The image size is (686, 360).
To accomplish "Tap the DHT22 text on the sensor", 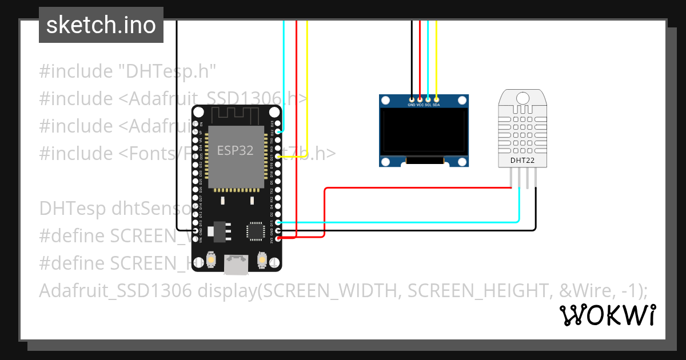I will click(x=523, y=161).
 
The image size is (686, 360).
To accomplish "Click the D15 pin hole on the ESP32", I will click(x=278, y=223).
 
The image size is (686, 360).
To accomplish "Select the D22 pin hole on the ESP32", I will click(x=278, y=131).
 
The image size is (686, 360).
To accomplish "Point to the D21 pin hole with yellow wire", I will click(x=278, y=155).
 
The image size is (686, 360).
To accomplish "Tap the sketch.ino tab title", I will click(x=101, y=25).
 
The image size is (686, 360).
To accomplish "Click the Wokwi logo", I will click(x=608, y=315).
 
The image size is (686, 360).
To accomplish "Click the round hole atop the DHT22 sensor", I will click(x=523, y=98).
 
